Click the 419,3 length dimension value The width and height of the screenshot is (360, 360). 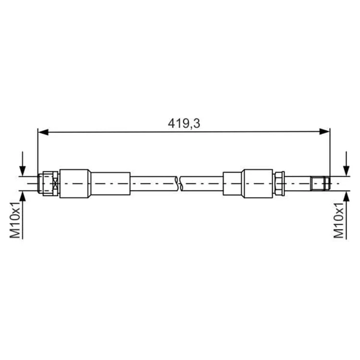[x=184, y=124]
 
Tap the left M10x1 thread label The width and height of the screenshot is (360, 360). [x=15, y=220]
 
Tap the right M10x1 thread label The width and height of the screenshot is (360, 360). [x=339, y=220]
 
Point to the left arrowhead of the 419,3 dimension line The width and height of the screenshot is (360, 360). [x=43, y=132]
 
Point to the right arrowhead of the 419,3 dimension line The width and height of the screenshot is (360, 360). [x=324, y=132]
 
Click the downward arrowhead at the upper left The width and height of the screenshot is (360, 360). [x=22, y=170]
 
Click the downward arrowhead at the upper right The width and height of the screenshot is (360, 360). [x=346, y=170]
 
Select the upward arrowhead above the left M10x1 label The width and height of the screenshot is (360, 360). [x=22, y=196]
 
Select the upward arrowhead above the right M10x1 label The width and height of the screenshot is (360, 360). [x=346, y=196]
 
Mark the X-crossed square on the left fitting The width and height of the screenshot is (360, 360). [x=55, y=184]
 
